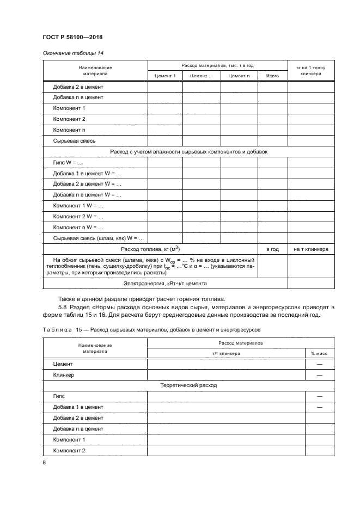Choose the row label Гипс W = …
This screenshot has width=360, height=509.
[68, 163]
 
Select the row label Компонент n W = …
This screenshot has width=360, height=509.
[78, 227]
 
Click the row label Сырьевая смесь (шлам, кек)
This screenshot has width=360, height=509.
[98, 238]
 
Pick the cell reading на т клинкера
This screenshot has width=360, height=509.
[310, 249]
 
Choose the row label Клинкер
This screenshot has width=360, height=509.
[64, 375]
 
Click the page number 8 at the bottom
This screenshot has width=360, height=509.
[44, 462]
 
